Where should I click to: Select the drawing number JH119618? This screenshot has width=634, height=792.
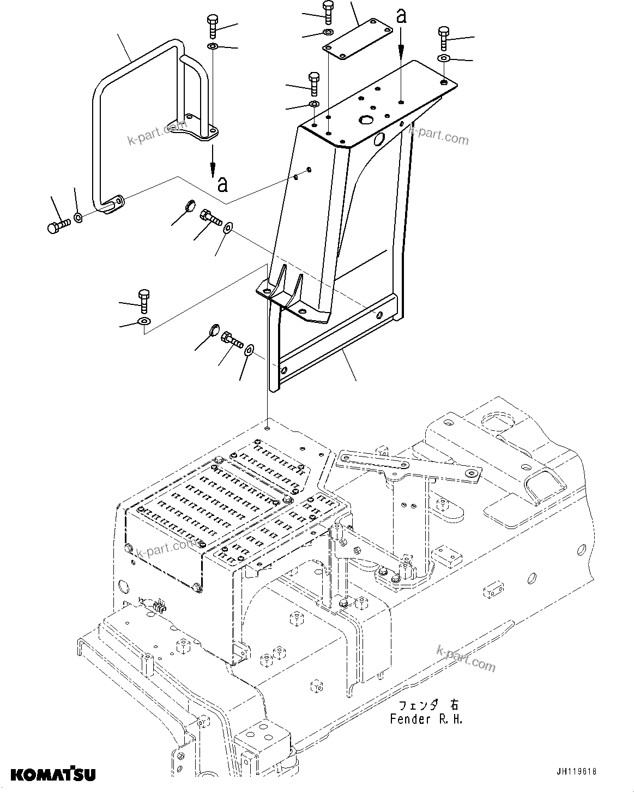point(576,771)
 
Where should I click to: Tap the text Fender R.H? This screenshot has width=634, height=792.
point(426,719)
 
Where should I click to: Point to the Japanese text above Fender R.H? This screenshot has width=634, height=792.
point(426,704)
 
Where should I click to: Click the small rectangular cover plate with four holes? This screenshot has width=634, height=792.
point(358,37)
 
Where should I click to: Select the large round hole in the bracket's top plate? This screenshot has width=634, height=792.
point(365,119)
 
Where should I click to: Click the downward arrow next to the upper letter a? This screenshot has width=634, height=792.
point(401,44)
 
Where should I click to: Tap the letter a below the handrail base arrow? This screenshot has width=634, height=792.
point(222,184)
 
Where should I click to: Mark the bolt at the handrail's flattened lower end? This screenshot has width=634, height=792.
point(57,225)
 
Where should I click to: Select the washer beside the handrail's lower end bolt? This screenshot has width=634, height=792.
point(79,218)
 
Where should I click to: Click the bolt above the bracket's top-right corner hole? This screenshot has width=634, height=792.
point(443,38)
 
